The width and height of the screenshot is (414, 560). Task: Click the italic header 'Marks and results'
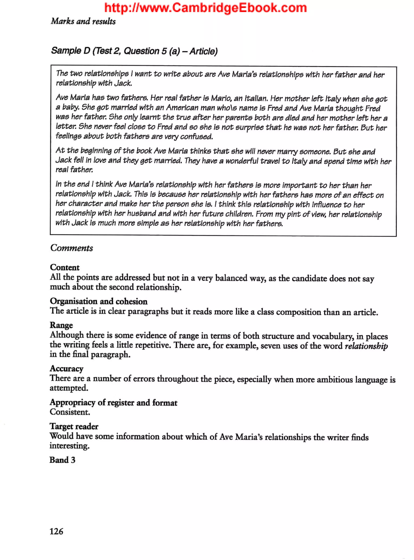point(83,21)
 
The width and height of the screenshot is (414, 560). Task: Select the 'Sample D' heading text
point(134,51)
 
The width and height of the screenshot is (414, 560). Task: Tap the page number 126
point(56,531)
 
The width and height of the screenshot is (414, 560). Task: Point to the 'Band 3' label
point(62,460)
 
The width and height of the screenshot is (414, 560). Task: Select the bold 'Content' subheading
point(65,267)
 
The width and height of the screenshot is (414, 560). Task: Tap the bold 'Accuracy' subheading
point(67,368)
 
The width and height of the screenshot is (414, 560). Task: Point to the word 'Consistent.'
point(70,412)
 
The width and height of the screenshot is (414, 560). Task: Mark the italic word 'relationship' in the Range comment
point(366,346)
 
